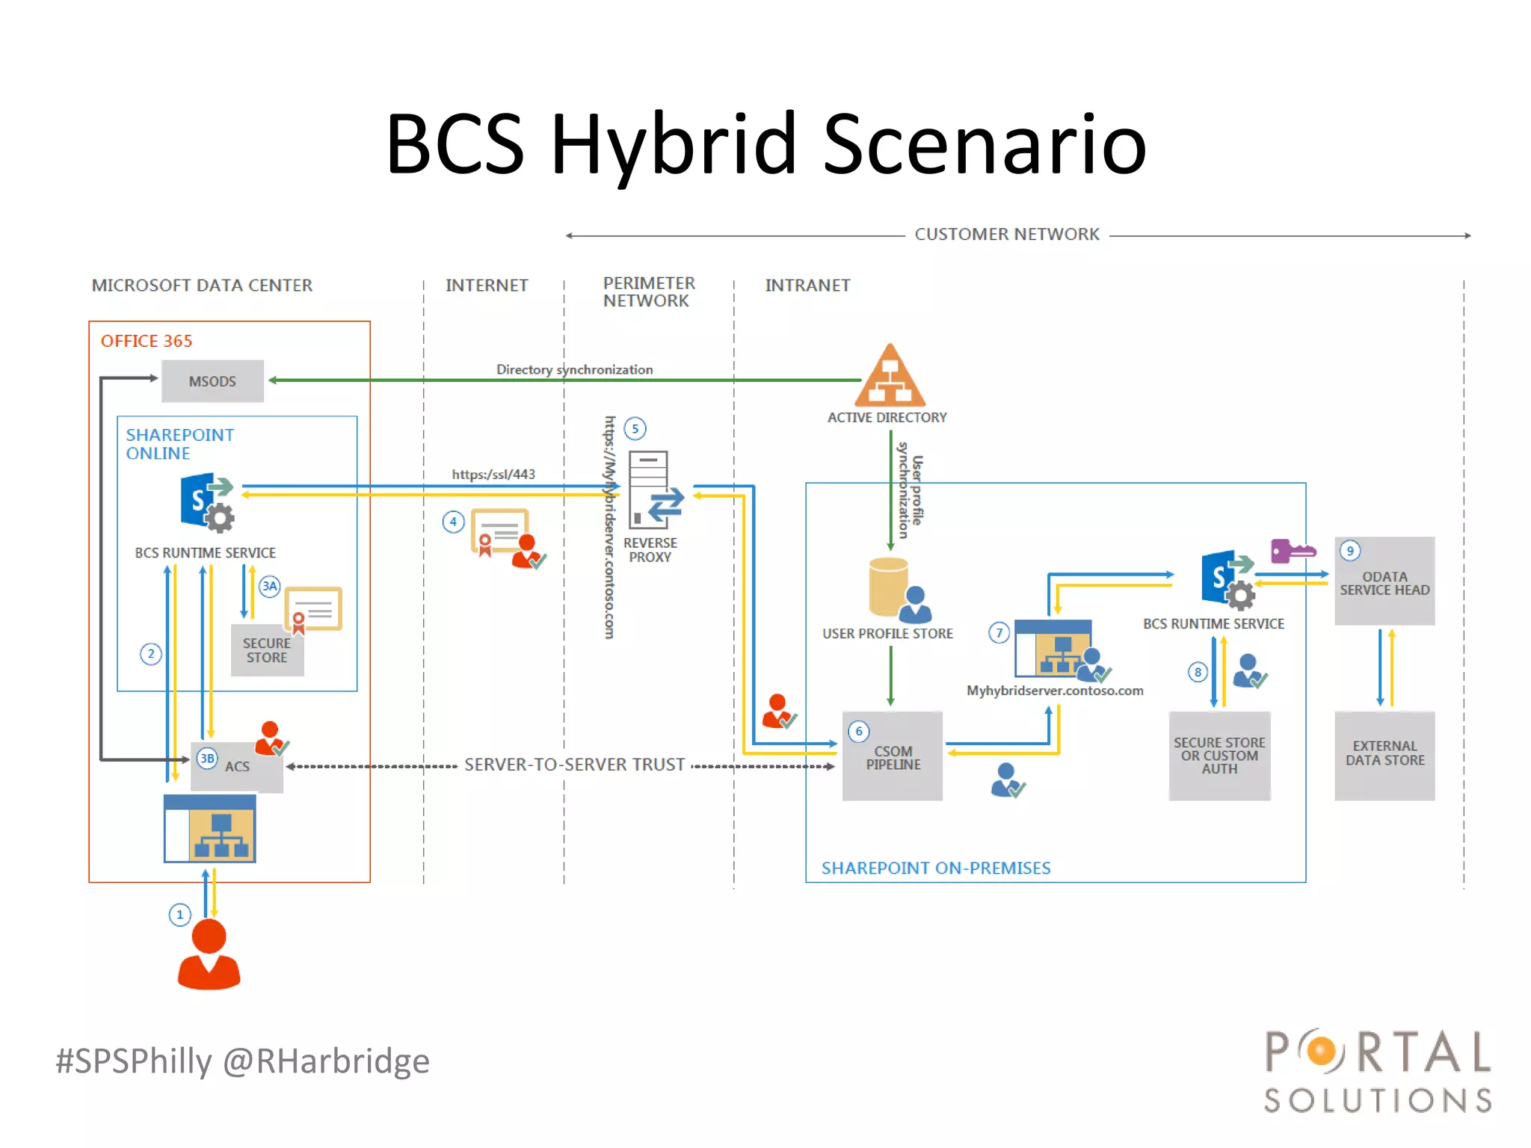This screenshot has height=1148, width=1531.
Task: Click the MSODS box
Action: pyautogui.click(x=212, y=381)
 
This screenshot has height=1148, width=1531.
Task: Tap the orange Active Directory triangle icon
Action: pyautogui.click(x=890, y=377)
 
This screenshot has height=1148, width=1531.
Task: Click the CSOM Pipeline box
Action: pyautogui.click(x=893, y=756)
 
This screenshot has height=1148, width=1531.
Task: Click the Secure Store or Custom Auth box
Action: pyautogui.click(x=1219, y=755)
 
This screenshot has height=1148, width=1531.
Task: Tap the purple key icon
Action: pyautogui.click(x=1291, y=552)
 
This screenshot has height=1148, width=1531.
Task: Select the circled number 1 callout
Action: pyautogui.click(x=179, y=914)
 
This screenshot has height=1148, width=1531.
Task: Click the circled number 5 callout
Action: pyautogui.click(x=635, y=428)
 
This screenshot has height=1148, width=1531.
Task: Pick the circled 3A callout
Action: pyautogui.click(x=269, y=586)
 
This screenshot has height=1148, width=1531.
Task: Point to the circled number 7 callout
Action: pyautogui.click(x=999, y=632)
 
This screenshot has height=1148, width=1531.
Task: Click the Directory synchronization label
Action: pyautogui.click(x=574, y=369)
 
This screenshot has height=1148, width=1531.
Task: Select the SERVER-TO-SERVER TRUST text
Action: pyautogui.click(x=574, y=765)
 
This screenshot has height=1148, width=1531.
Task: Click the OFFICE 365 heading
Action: pyautogui.click(x=147, y=341)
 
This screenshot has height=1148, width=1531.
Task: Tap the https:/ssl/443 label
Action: pyautogui.click(x=493, y=474)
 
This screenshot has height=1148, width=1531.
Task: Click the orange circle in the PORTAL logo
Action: pyautogui.click(x=1322, y=1052)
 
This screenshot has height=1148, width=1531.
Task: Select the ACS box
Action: pyautogui.click(x=237, y=766)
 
